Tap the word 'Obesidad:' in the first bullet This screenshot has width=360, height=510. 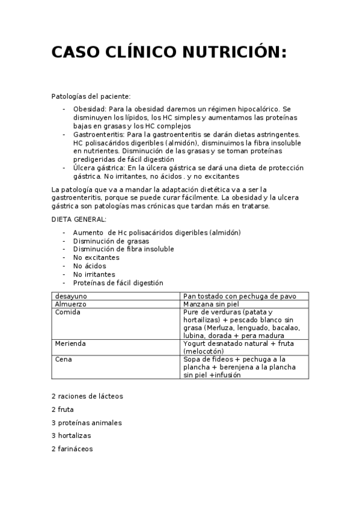tap(90, 109)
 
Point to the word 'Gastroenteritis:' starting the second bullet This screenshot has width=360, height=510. tap(99, 135)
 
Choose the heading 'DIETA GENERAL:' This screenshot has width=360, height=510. tap(79, 220)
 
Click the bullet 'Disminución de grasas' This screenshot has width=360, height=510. tap(111, 241)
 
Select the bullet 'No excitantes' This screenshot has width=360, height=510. tap(96, 257)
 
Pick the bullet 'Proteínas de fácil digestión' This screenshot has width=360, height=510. tap(118, 283)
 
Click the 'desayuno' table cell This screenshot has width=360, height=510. tap(70, 296)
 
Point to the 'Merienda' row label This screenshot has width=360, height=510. tap(70, 343)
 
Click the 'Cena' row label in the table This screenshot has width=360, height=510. tap(63, 359)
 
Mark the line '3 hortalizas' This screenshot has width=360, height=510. tap(72, 435)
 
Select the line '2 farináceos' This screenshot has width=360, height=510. tap(72, 449)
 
